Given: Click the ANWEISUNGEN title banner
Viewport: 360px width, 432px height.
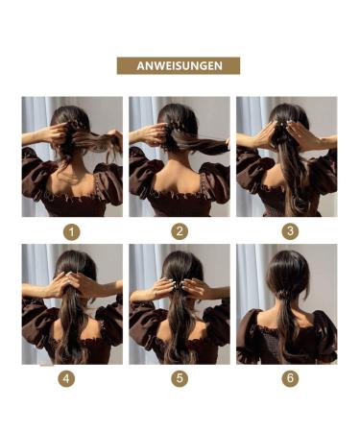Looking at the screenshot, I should (x=179, y=65).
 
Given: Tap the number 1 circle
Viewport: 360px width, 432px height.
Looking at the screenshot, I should (x=71, y=230).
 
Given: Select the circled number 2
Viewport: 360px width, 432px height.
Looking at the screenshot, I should (x=180, y=230).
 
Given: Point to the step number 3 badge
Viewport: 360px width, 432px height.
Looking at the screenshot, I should (x=287, y=230).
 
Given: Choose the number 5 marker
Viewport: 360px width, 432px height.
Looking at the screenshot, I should (x=180, y=379).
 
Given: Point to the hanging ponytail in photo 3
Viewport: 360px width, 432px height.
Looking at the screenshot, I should (x=287, y=182).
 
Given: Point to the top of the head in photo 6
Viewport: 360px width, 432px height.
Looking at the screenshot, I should (x=287, y=261).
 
